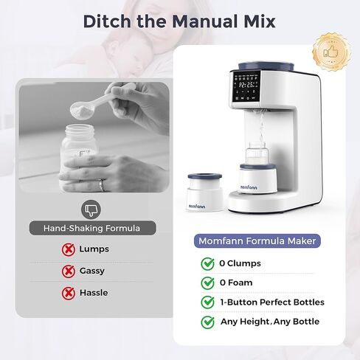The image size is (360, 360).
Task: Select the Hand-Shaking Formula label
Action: point(91,228)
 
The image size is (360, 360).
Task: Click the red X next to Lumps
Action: point(67,249)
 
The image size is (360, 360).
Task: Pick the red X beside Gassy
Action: point(67,271)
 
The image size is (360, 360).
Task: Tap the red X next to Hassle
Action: point(67,293)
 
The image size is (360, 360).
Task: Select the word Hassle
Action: point(94,293)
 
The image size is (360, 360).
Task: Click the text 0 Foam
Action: point(237,283)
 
